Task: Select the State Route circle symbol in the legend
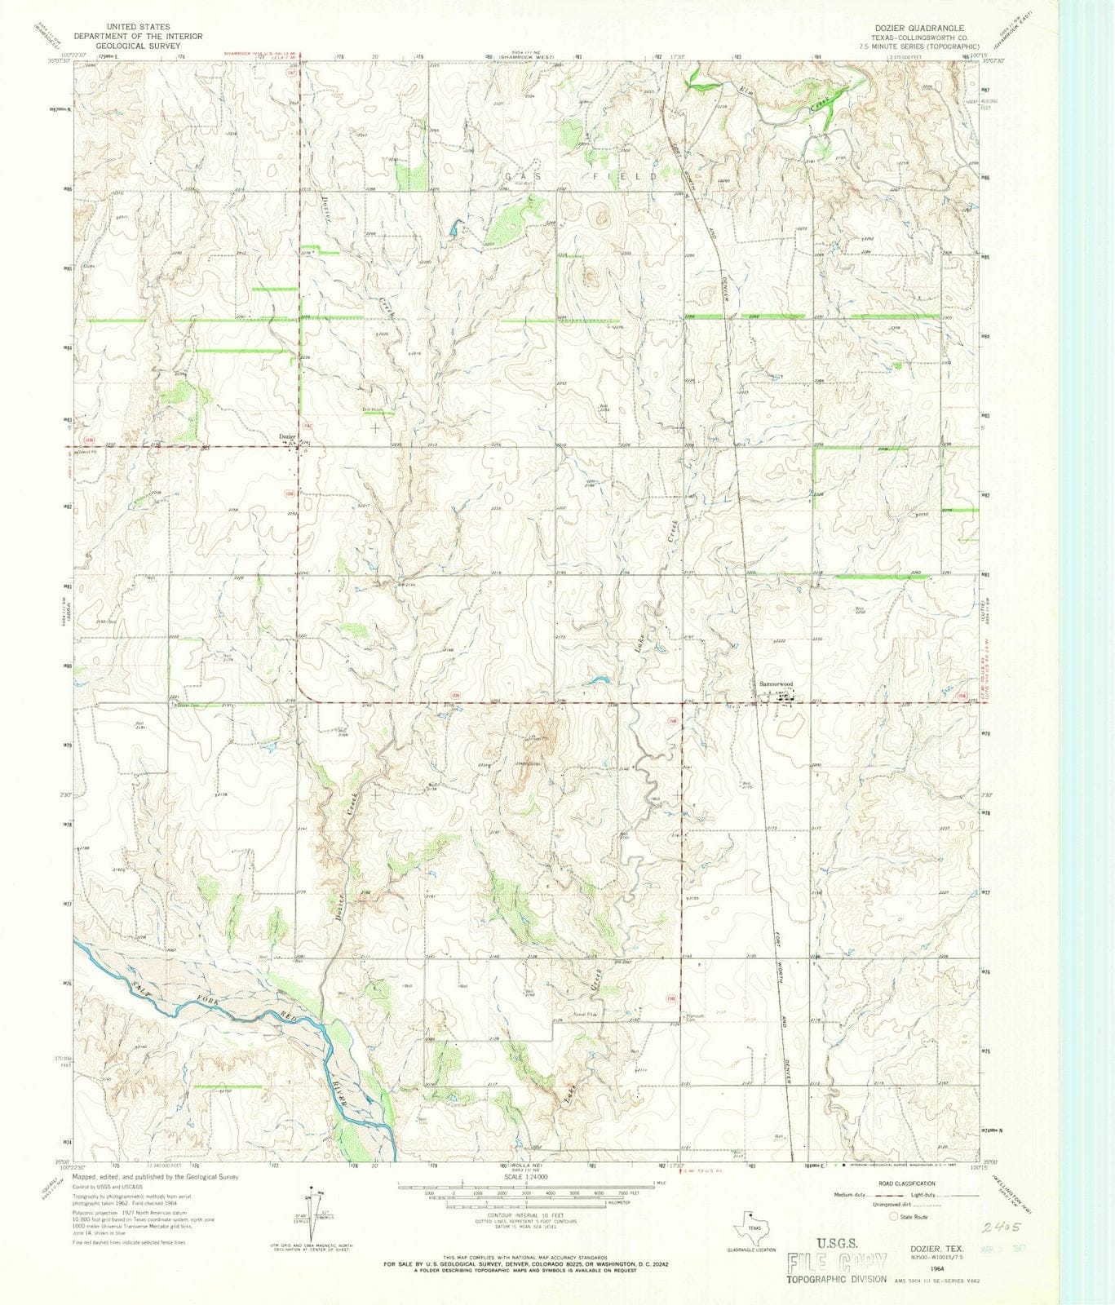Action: [x=894, y=1216]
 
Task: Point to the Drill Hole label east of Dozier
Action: [x=373, y=409]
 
